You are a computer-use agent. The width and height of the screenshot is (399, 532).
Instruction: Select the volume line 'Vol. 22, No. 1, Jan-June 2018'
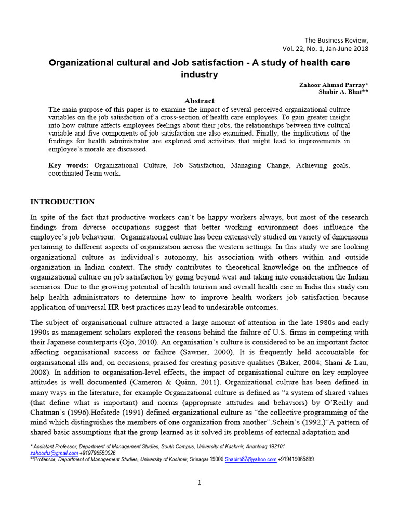(326, 48)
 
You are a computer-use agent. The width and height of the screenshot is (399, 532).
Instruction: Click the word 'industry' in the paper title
(199, 75)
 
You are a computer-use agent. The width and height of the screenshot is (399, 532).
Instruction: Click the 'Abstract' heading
(199, 101)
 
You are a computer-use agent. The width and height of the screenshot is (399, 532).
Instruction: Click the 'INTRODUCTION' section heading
(62, 202)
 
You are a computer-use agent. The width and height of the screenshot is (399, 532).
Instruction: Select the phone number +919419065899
(296, 459)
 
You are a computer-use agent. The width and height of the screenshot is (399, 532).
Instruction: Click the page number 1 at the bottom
(199, 482)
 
